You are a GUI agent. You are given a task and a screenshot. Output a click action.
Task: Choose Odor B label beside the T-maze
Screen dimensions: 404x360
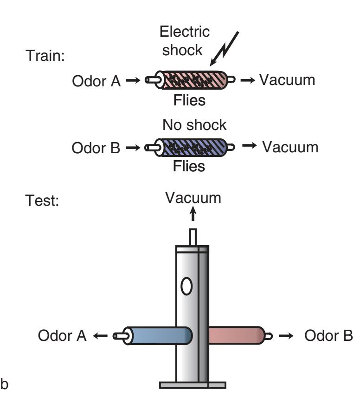point(328,335)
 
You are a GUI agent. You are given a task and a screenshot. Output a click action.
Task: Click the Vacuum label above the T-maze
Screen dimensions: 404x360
point(193,198)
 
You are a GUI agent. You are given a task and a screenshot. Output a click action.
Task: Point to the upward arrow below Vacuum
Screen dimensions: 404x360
point(193,215)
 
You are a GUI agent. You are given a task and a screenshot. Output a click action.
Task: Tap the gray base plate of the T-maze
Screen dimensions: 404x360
point(193,384)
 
